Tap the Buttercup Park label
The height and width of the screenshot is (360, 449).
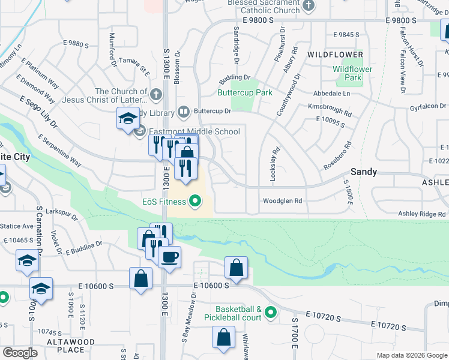pos(245,93)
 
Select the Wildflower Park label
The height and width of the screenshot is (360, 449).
pos(352,73)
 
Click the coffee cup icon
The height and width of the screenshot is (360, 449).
pos(169,257)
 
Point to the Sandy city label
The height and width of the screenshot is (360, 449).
pos(364,172)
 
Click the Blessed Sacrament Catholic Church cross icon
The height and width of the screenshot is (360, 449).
pos(309,6)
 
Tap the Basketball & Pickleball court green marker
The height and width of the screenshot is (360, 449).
pos(271,312)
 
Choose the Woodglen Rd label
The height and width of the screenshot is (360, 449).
pos(282,201)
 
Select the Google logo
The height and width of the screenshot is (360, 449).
pos(20,353)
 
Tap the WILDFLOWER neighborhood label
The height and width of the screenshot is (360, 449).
pos(336,55)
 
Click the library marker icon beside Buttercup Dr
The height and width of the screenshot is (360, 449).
pos(183,112)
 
